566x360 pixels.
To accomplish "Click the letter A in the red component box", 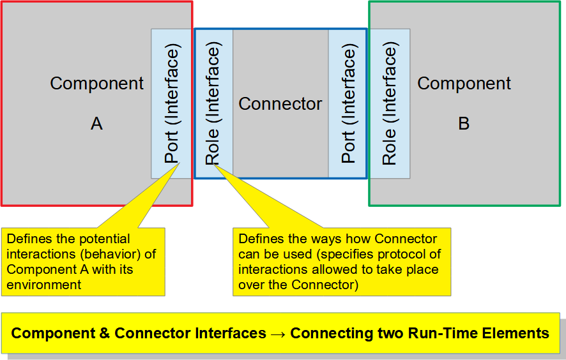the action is [96, 123].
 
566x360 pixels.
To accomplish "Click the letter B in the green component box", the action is [464, 123].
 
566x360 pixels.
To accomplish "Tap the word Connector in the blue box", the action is [280, 104].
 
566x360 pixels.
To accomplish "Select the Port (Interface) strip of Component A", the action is [171, 103].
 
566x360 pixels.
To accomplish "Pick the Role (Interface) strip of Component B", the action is [390, 103].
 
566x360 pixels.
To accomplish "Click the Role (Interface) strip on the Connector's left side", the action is [214, 103].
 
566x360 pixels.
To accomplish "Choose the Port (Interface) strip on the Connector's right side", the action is [348, 103].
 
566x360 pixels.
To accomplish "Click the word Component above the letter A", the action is [96, 84].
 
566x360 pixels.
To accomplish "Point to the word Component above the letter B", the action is [464, 84].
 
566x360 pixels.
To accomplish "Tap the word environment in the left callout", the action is [43, 285].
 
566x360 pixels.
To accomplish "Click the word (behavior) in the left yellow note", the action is [110, 254].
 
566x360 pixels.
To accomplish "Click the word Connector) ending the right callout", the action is [325, 285].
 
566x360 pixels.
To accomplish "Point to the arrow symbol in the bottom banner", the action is [278, 334].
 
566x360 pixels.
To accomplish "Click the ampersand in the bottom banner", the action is [104, 333].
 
